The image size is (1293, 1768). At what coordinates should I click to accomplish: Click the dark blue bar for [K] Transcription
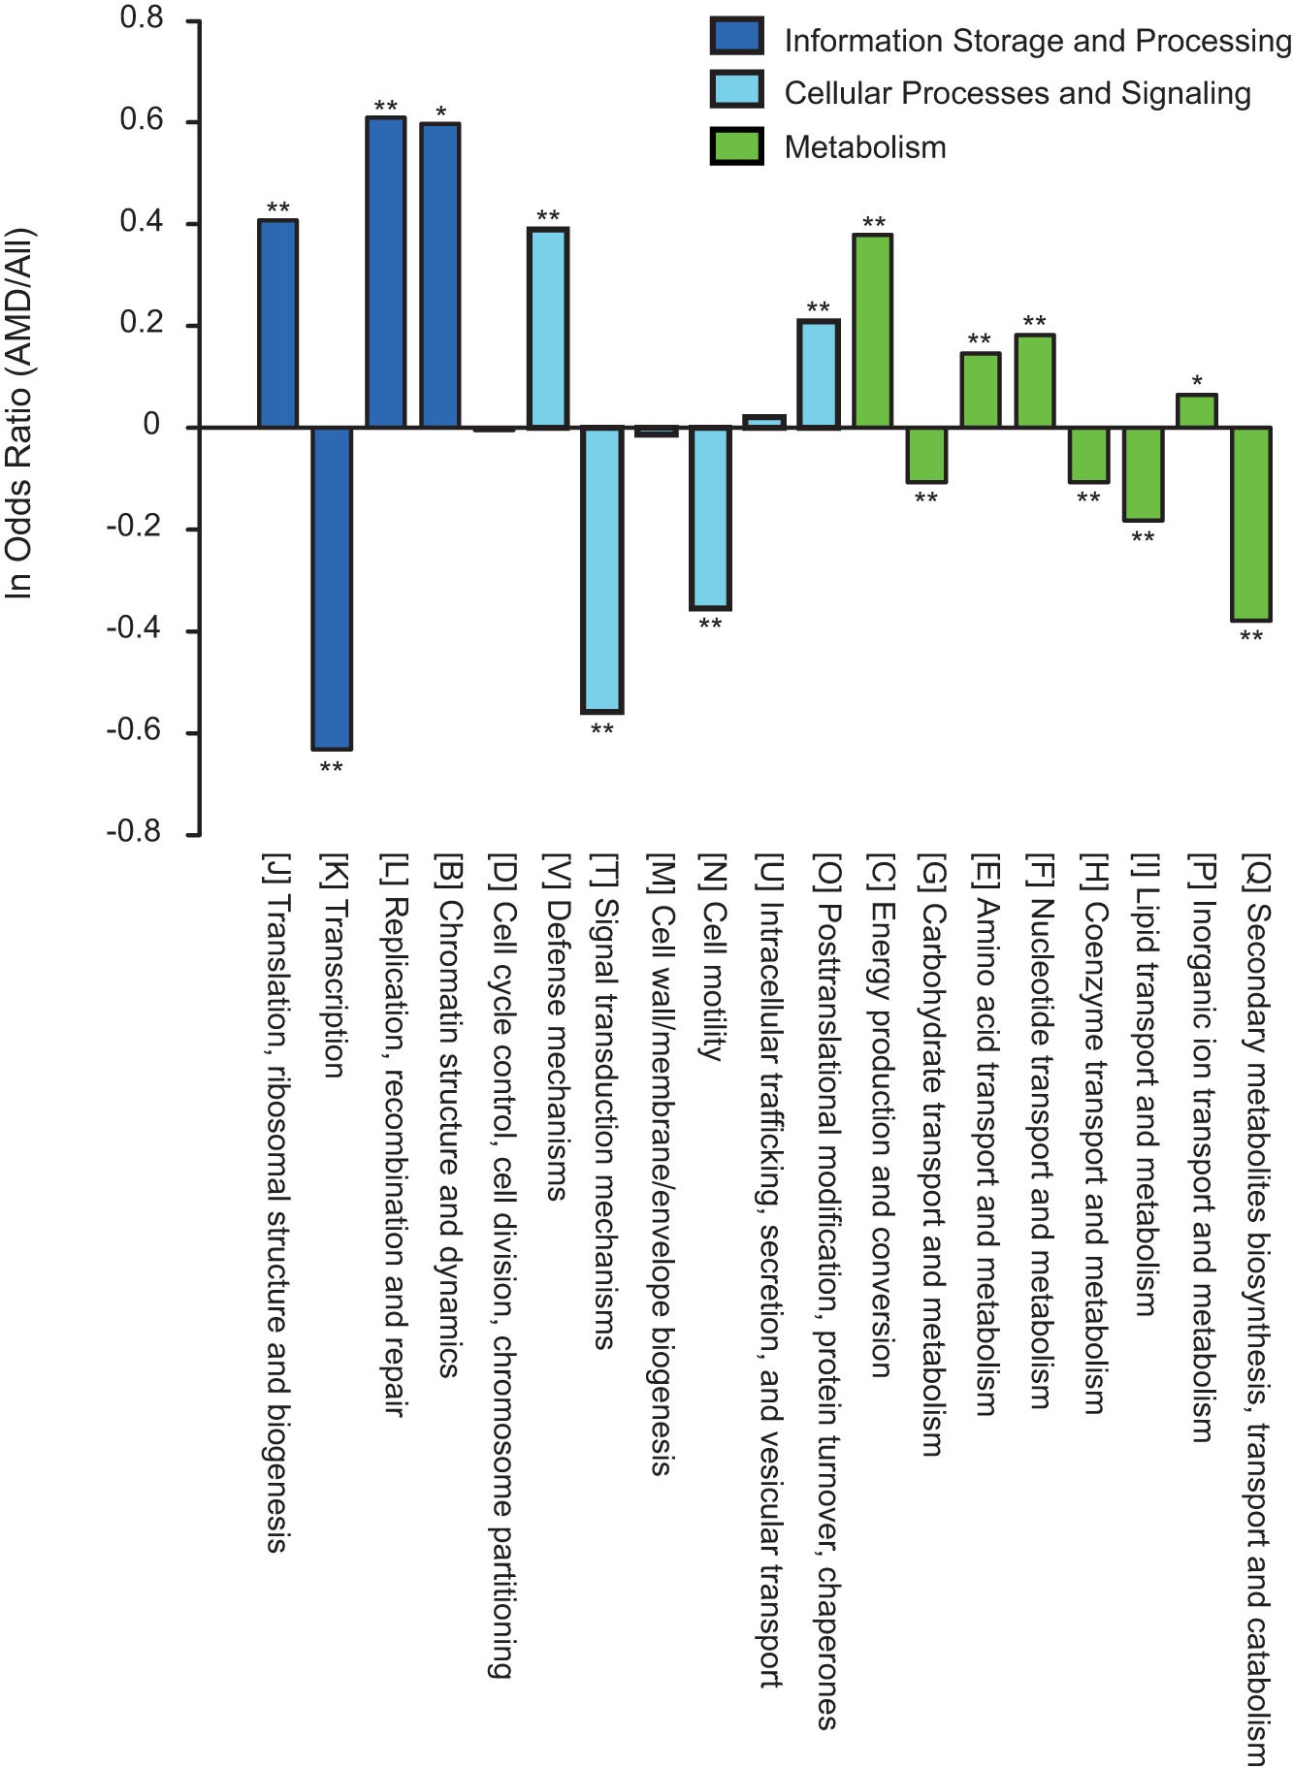point(331,588)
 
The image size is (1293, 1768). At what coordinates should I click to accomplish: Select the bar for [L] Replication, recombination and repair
point(385,272)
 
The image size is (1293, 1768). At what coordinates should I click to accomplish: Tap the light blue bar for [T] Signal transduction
point(601,569)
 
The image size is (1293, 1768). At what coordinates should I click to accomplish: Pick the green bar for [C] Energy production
point(873,330)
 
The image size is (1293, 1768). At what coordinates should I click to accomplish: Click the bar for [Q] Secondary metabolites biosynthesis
point(1251,524)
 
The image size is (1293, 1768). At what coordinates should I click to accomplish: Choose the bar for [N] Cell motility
point(710,518)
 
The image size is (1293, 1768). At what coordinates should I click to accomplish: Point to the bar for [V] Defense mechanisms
point(547,328)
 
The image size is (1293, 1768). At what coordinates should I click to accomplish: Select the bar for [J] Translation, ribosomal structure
point(277,324)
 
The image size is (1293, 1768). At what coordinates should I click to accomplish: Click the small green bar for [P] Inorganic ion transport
point(1196,410)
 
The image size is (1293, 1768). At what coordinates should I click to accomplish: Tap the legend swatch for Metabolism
point(736,146)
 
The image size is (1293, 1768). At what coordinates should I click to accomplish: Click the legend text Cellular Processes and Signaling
point(1018,93)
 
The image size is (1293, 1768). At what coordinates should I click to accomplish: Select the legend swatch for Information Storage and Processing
point(736,38)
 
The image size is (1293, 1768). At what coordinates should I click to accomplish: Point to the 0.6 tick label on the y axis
point(142,121)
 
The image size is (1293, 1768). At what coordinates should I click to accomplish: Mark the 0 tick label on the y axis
point(151,426)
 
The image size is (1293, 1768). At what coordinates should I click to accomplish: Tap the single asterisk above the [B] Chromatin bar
point(441,113)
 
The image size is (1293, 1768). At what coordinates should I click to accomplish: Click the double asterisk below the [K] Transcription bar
point(331,768)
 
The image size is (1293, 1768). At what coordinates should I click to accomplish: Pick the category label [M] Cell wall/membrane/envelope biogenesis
point(660,1164)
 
